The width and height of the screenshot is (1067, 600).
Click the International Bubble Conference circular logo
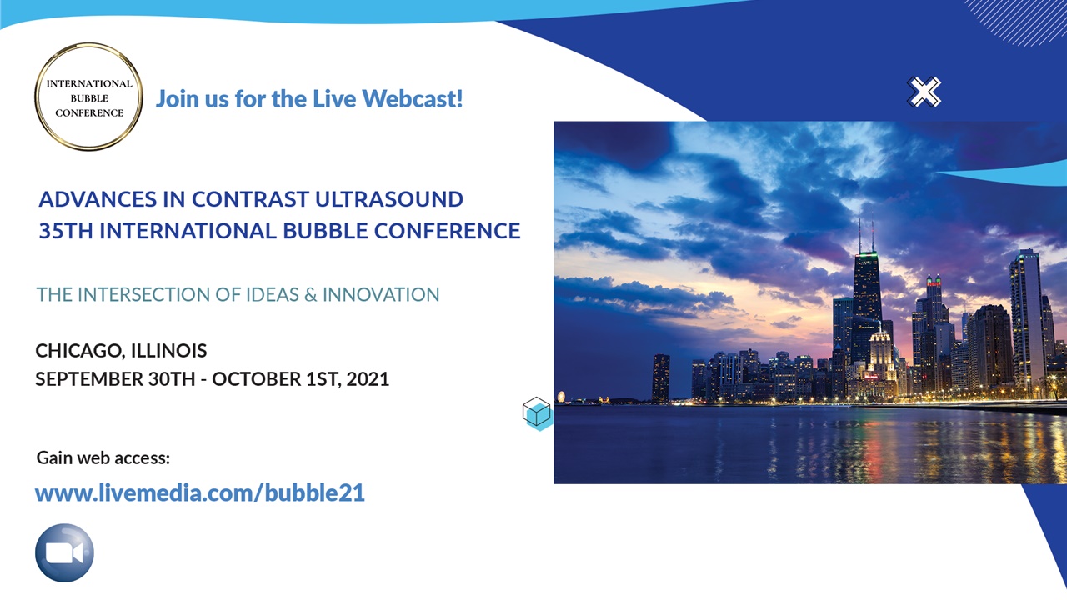click(89, 97)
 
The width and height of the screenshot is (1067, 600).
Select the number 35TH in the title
click(66, 231)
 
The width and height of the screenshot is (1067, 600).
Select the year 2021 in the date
click(368, 378)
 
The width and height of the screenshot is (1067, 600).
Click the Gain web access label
click(103, 457)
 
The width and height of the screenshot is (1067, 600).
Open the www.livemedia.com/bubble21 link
click(200, 492)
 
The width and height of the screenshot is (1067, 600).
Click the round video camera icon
click(64, 552)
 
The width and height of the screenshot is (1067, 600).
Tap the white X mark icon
click(924, 92)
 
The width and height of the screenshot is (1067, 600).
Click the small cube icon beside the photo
click(537, 412)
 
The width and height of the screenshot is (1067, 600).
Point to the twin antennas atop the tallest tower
click(866, 235)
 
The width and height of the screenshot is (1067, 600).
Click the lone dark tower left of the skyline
click(660, 377)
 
